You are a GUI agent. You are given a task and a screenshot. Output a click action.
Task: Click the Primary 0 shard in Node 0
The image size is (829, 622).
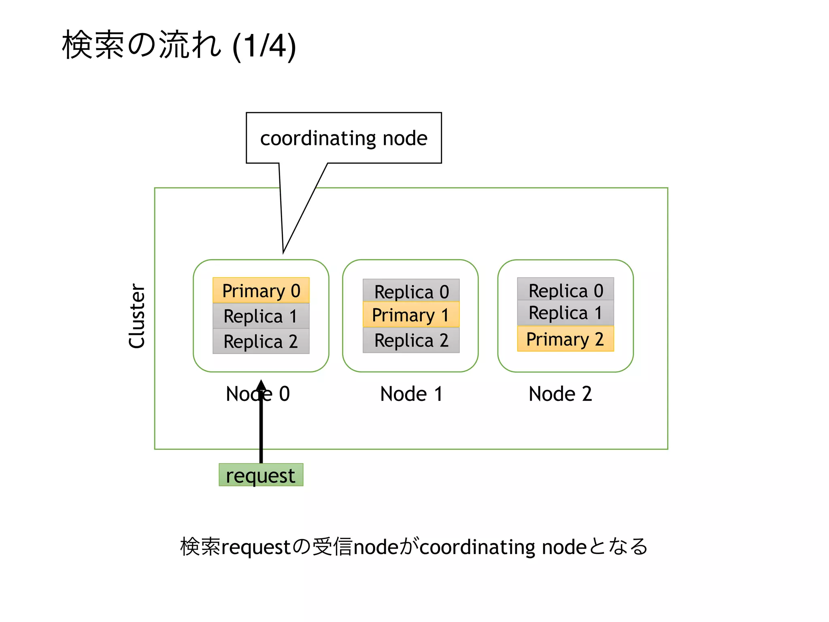pos(261,290)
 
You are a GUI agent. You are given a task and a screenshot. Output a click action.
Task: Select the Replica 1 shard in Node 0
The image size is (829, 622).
pos(261,316)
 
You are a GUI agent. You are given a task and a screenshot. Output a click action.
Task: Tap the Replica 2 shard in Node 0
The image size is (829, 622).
pos(261,341)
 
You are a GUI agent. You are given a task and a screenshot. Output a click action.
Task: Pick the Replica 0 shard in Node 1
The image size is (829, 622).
pos(411,291)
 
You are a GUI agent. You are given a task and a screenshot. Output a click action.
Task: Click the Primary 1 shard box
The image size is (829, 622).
pos(411,315)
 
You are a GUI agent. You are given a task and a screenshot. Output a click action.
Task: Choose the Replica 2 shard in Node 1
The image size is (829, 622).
pos(411,340)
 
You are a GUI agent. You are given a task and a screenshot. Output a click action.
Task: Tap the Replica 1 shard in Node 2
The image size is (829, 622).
pos(565,313)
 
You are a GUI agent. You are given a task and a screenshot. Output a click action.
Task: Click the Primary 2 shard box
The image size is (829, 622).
pos(565,339)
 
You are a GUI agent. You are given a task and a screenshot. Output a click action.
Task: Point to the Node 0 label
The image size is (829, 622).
pos(258,394)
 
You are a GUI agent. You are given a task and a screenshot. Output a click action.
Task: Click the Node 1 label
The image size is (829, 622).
pos(411,394)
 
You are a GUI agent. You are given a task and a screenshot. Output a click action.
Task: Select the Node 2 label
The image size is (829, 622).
pos(560,394)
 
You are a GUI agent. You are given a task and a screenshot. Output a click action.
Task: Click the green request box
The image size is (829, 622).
pos(261,475)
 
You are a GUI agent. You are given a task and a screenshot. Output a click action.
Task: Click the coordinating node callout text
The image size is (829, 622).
pos(344,138)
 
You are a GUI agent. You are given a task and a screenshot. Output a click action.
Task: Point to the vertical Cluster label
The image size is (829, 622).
pos(137,316)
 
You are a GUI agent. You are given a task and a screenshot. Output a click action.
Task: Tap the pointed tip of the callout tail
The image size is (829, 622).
pos(283,253)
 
